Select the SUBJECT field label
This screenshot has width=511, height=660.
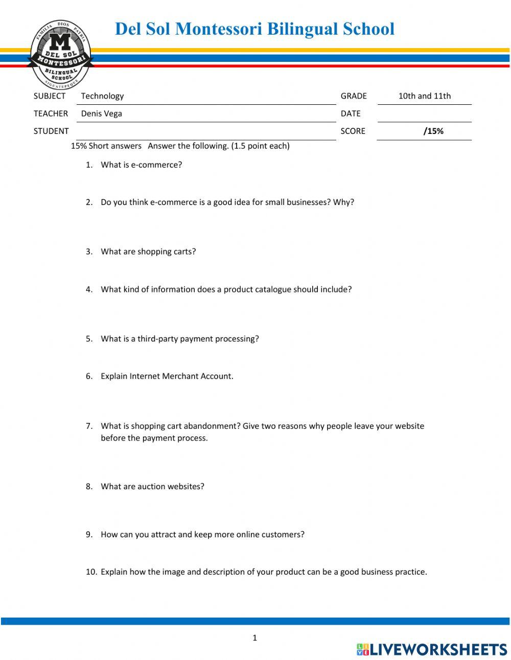click(50, 96)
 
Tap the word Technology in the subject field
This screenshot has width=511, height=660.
click(102, 96)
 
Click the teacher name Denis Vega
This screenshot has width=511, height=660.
click(101, 113)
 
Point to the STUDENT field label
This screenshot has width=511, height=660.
click(51, 131)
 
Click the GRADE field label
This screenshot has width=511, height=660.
click(354, 96)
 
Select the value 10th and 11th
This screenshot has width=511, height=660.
click(424, 96)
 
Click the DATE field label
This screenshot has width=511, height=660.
click(351, 113)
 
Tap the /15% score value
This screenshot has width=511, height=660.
click(433, 131)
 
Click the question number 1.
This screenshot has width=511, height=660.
click(89, 165)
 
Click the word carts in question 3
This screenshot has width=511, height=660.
click(184, 252)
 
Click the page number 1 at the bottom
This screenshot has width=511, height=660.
click(254, 638)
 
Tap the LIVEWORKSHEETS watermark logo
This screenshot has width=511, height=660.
click(432, 650)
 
